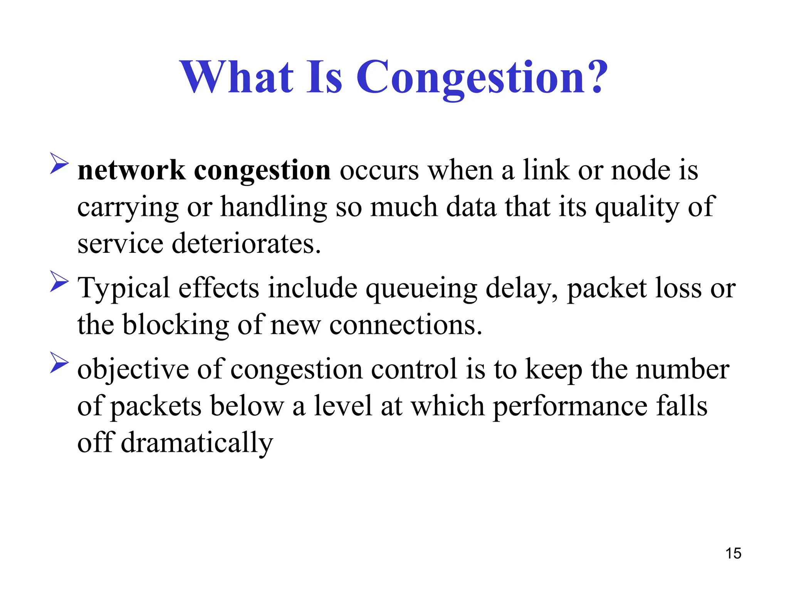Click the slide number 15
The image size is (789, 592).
[x=733, y=553]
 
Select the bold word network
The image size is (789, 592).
[x=131, y=170]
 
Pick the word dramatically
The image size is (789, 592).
[x=197, y=443]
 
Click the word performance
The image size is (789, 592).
[x=570, y=407]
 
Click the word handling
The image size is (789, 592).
[x=274, y=207]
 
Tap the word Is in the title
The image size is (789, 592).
[x=324, y=77]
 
